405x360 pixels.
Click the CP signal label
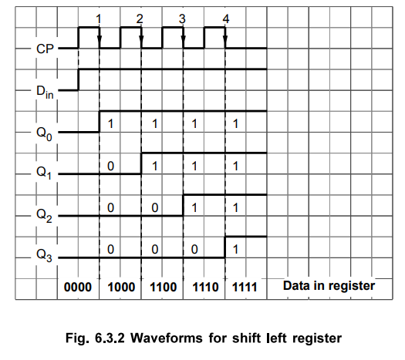pyautogui.click(x=46, y=49)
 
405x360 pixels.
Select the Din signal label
pyautogui.click(x=45, y=93)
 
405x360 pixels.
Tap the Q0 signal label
pyautogui.click(x=45, y=134)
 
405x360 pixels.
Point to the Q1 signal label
pyautogui.click(x=44, y=173)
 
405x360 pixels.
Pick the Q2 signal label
pyautogui.click(x=45, y=216)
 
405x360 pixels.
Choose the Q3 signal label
pyautogui.click(x=45, y=255)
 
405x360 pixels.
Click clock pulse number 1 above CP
pyautogui.click(x=99, y=19)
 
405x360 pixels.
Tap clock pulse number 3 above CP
pyautogui.click(x=182, y=19)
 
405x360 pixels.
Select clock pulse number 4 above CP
pyautogui.click(x=226, y=19)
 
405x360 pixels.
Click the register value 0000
pyautogui.click(x=78, y=288)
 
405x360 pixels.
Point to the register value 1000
pyautogui.click(x=121, y=288)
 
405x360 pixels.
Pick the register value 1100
pyautogui.click(x=164, y=288)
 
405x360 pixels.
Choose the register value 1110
pyautogui.click(x=206, y=288)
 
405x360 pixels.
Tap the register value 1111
pyautogui.click(x=245, y=288)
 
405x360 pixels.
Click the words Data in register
pyautogui.click(x=329, y=286)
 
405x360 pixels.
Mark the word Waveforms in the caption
pyautogui.click(x=167, y=338)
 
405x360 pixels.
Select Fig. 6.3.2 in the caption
pyautogui.click(x=95, y=338)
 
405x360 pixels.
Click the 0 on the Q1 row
pyautogui.click(x=110, y=166)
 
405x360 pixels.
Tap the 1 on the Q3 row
pyautogui.click(x=235, y=250)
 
